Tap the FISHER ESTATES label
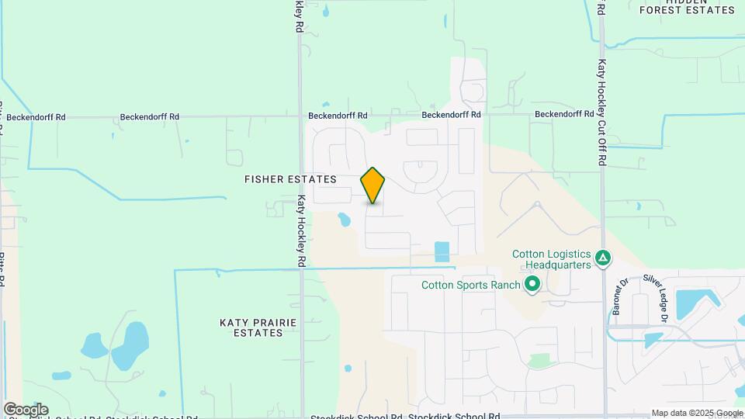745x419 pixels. pyautogui.click(x=290, y=179)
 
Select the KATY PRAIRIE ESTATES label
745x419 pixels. pyautogui.click(x=251, y=327)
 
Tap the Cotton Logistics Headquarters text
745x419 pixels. pyautogui.click(x=552, y=259)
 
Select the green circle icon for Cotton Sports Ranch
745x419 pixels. pyautogui.click(x=532, y=285)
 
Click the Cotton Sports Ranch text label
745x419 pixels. pyautogui.click(x=470, y=285)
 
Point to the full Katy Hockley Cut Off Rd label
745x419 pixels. pyautogui.click(x=601, y=113)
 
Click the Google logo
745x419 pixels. pyautogui.click(x=25, y=409)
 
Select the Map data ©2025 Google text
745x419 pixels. pyautogui.click(x=697, y=413)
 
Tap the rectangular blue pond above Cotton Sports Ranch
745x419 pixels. pyautogui.click(x=442, y=251)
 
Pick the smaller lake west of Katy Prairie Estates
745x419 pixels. pyautogui.click(x=93, y=345)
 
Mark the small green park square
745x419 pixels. pyautogui.click(x=538, y=361)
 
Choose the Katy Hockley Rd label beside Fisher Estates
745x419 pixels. pyautogui.click(x=302, y=231)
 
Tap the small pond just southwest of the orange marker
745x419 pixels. pyautogui.click(x=343, y=220)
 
